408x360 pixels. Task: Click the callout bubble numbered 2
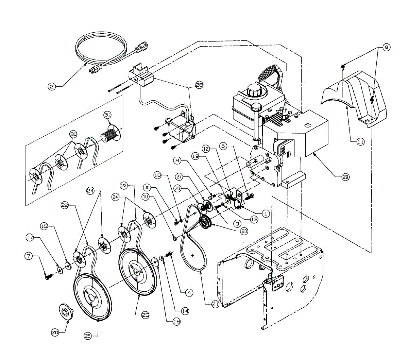(x=52, y=87)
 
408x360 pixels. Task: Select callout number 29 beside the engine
(x=345, y=177)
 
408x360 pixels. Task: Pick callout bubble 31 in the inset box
(x=107, y=115)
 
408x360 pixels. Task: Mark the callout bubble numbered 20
(x=55, y=333)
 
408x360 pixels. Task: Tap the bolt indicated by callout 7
(x=47, y=277)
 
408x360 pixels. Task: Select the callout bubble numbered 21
(x=215, y=305)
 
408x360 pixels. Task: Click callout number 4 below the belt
(x=189, y=292)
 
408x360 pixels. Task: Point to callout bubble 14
(x=185, y=310)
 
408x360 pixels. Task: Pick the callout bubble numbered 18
(x=176, y=321)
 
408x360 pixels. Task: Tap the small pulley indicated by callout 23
(x=205, y=223)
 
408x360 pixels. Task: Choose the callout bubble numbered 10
(x=146, y=196)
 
